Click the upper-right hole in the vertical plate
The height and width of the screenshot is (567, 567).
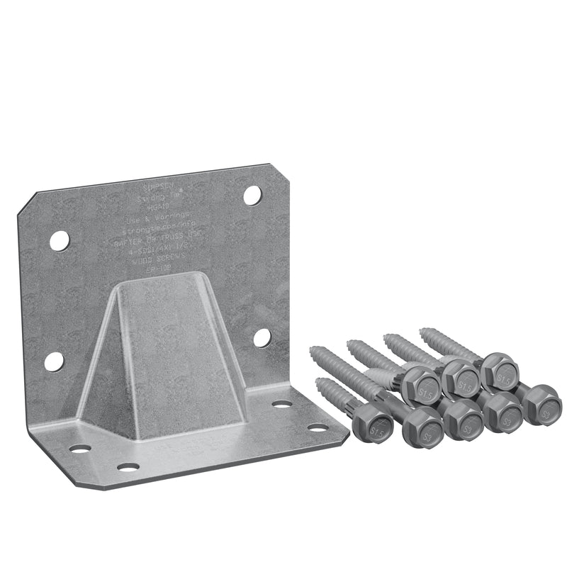click(252, 195)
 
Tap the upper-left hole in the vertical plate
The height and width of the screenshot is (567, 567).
click(60, 241)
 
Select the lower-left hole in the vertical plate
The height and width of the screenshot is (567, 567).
click(54, 361)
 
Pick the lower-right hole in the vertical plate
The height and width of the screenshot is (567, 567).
click(262, 337)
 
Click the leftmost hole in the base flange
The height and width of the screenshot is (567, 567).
click(80, 449)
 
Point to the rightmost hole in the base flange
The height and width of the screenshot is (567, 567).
click(318, 427)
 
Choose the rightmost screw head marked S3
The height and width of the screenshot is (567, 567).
click(543, 404)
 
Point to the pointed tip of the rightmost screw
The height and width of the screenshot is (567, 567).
click(422, 330)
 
